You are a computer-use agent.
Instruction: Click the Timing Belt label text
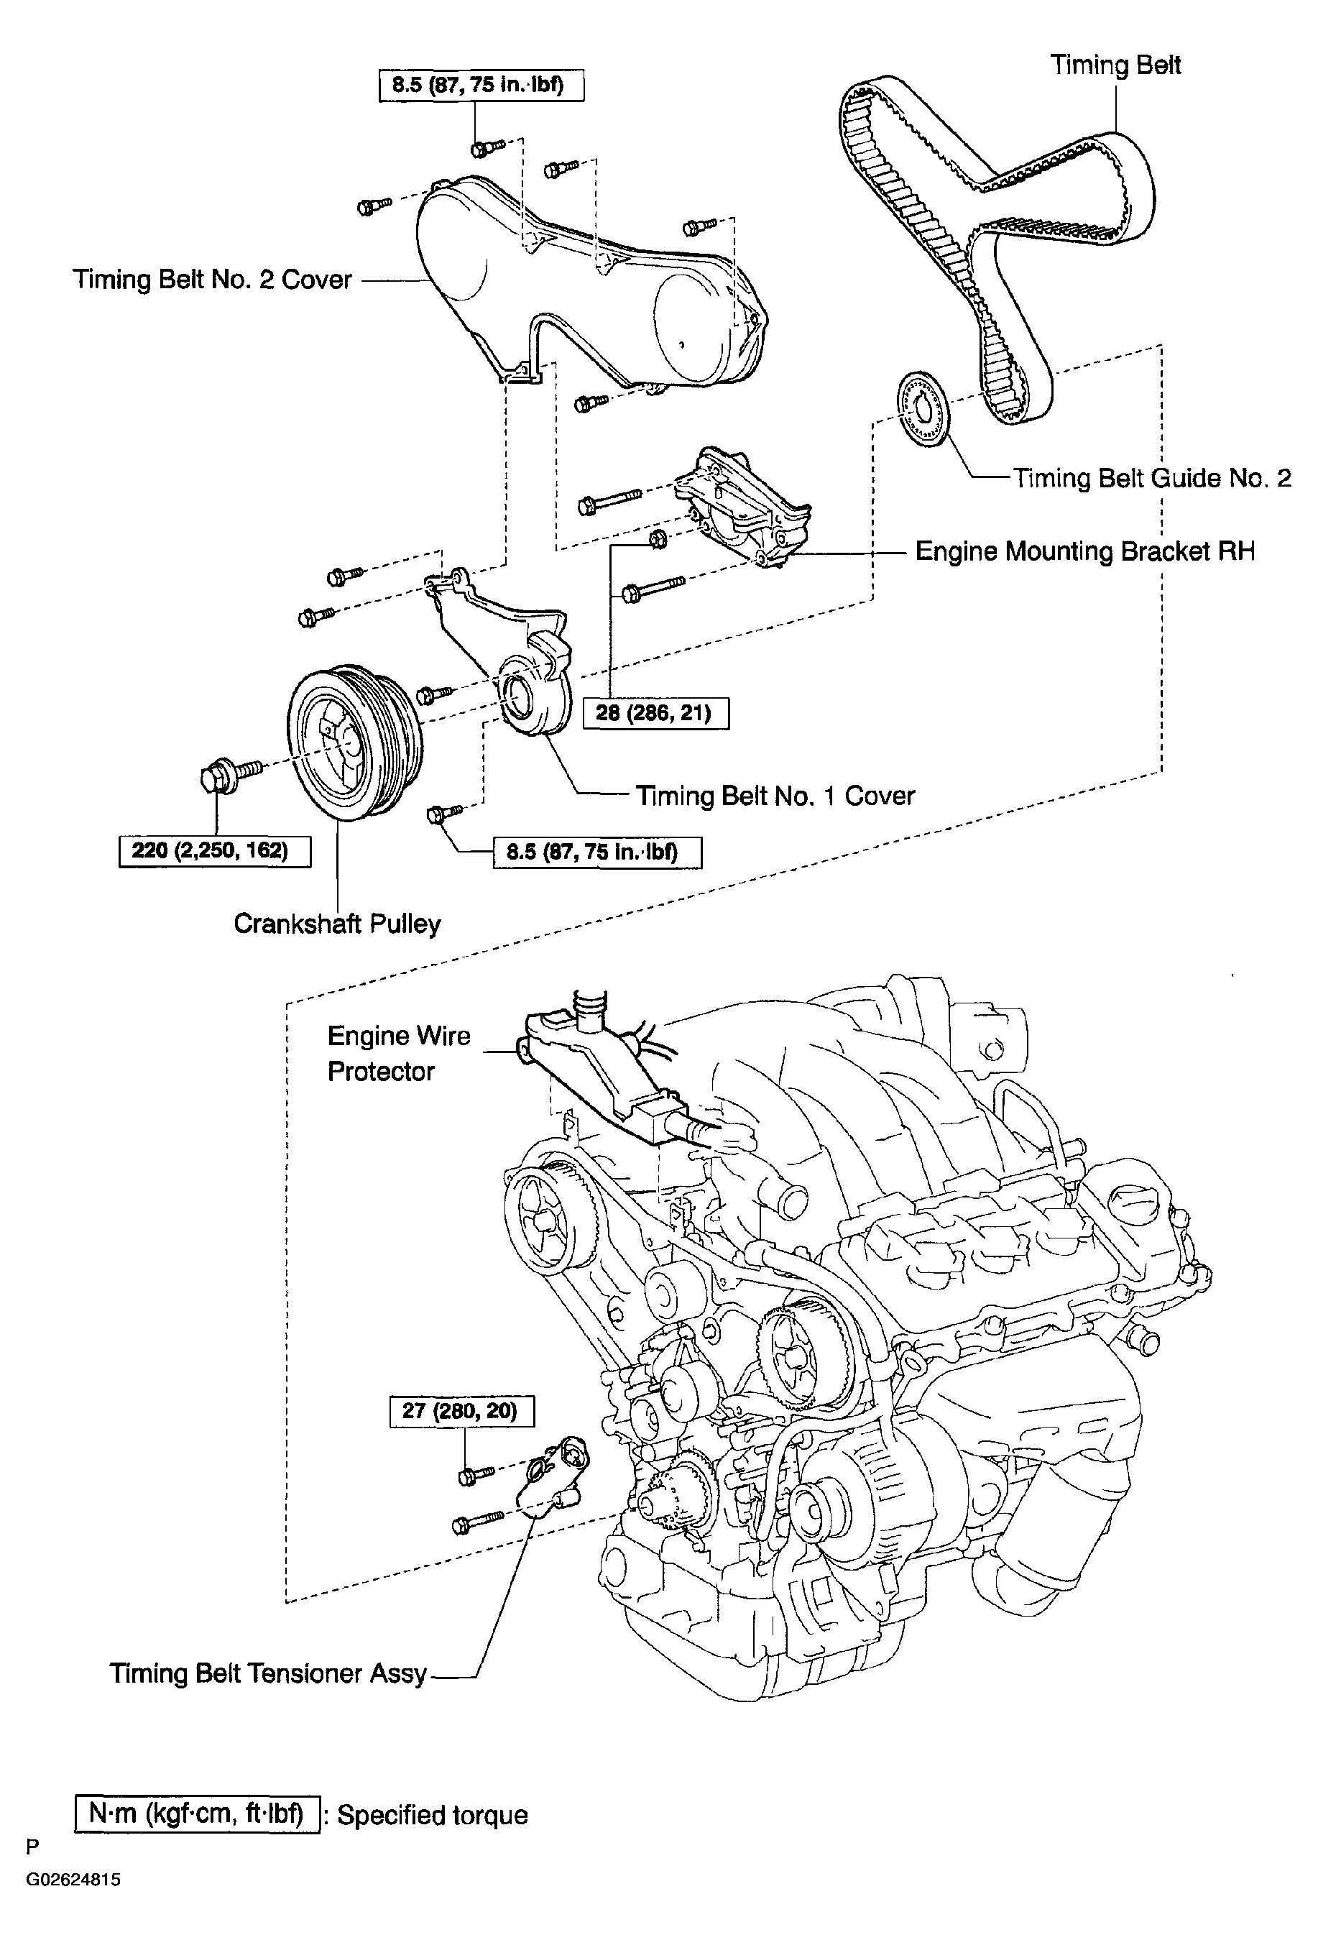click(x=1115, y=65)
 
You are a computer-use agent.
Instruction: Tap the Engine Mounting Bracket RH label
click(x=1085, y=551)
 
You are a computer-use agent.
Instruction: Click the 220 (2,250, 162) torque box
click(x=215, y=850)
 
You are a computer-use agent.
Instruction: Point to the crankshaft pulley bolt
click(x=231, y=772)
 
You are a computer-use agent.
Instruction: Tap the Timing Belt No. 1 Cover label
click(x=775, y=796)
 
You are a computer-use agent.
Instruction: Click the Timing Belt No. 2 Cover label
click(x=212, y=279)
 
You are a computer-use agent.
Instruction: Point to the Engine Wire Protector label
click(x=399, y=1054)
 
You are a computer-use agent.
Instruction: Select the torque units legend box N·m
click(x=197, y=1815)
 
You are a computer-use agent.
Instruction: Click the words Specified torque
click(x=433, y=1816)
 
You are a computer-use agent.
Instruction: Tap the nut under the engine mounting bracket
click(x=658, y=539)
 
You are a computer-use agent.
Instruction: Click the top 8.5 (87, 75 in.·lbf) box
click(x=481, y=85)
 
